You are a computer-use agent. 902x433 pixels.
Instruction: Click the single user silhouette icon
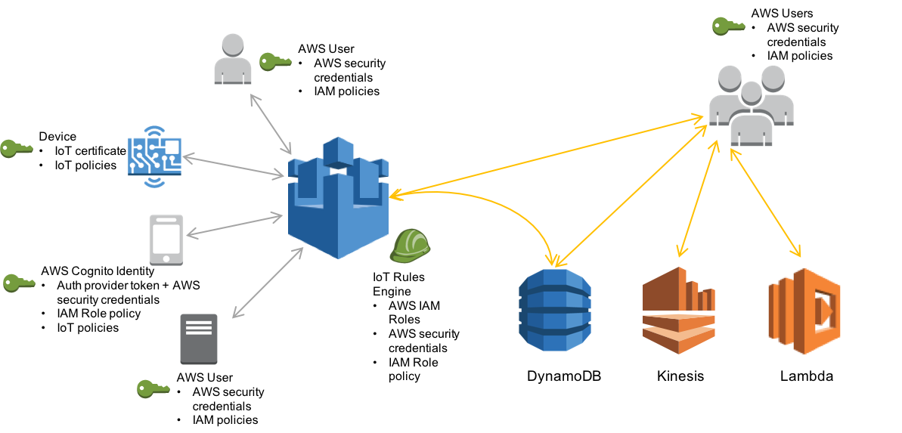[x=232, y=60]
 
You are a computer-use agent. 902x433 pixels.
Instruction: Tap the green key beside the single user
[x=274, y=61]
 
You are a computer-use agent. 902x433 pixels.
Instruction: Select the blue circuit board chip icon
[x=155, y=156]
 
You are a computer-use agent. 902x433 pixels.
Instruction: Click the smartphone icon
[x=166, y=240]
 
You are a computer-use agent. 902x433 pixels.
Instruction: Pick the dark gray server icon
[x=199, y=339]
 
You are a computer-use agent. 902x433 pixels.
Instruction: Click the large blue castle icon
[x=338, y=199]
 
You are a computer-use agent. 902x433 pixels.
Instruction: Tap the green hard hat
[x=410, y=246]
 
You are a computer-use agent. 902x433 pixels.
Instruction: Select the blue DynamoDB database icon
[x=554, y=310]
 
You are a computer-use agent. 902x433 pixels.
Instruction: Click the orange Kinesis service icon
[x=678, y=310]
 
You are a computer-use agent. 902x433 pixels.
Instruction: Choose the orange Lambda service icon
[x=804, y=310]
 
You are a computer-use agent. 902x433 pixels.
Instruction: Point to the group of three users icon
[x=751, y=104]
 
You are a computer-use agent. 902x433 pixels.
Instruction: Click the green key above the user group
[x=728, y=26]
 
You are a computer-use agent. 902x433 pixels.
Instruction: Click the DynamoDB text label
[x=572, y=373]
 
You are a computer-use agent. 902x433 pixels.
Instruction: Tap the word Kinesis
[x=680, y=373]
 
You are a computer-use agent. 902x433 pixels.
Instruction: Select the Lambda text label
[x=809, y=373]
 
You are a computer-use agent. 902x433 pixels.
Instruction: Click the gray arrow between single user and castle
[x=271, y=124]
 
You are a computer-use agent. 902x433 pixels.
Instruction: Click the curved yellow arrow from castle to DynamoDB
[x=514, y=208]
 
